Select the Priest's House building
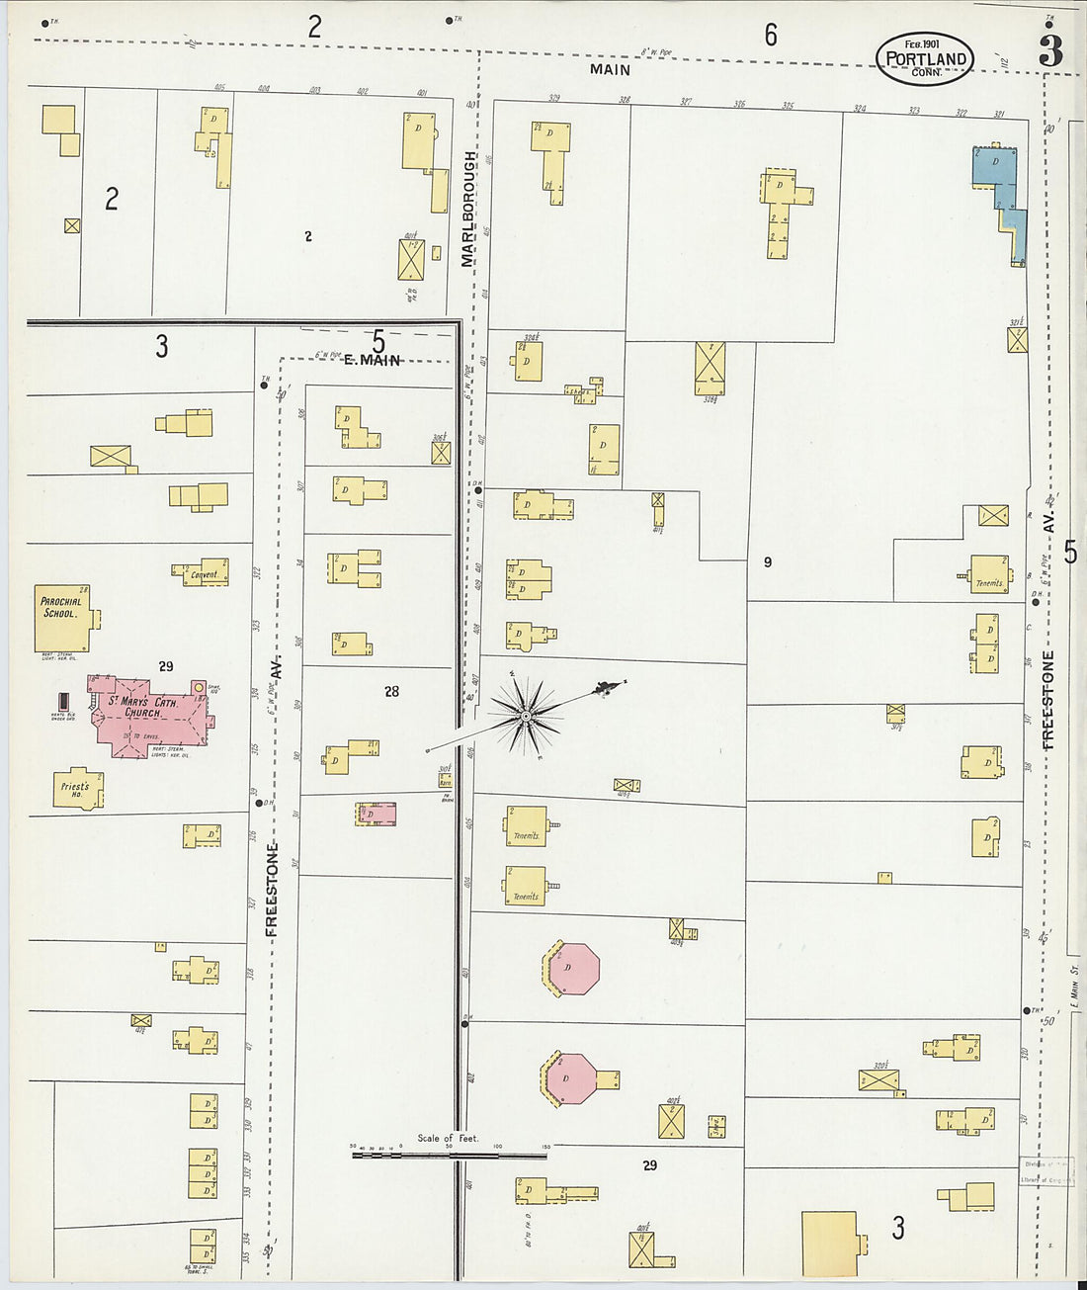coord(77,789)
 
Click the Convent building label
coord(204,573)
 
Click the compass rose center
coord(527,714)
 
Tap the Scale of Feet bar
coord(449,1153)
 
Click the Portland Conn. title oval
coord(925,59)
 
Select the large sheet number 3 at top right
coord(1049,50)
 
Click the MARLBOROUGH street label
coord(468,209)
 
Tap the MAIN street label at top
coord(610,69)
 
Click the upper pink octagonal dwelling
coord(571,969)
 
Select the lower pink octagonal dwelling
coord(567,1078)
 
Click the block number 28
coord(392,691)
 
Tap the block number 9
coord(767,562)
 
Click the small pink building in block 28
coord(376,814)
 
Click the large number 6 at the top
coord(770,36)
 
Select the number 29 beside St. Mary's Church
coord(166,666)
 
